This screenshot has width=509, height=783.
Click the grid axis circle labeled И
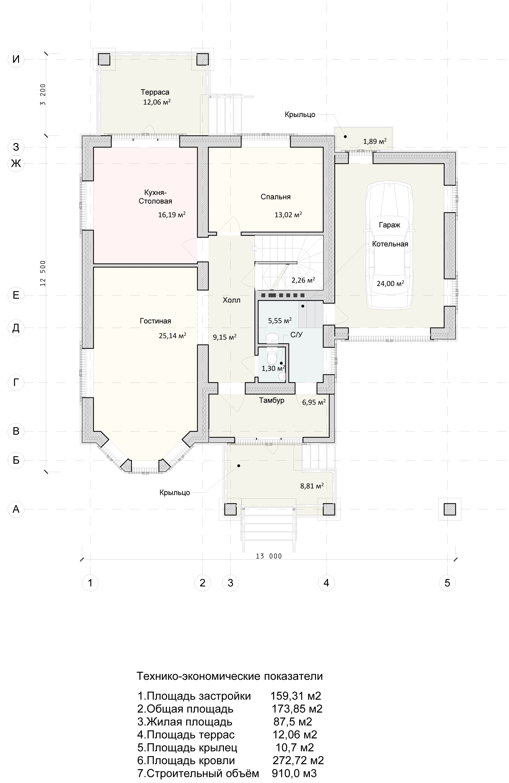point(16,60)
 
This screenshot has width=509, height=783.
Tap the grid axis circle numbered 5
point(447,583)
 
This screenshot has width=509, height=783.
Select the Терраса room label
point(155,92)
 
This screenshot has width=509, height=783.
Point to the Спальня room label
point(276,197)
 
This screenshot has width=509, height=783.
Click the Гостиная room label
point(156,321)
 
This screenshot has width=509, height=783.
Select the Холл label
point(232,300)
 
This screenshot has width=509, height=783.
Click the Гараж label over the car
point(390,225)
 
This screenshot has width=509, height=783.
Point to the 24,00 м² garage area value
point(390,283)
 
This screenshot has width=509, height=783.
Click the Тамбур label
point(272,400)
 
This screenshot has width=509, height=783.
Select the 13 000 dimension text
point(269,556)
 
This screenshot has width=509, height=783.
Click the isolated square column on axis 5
point(450,509)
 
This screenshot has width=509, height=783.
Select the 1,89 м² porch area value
point(375,141)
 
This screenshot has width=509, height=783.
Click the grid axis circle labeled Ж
point(16,163)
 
